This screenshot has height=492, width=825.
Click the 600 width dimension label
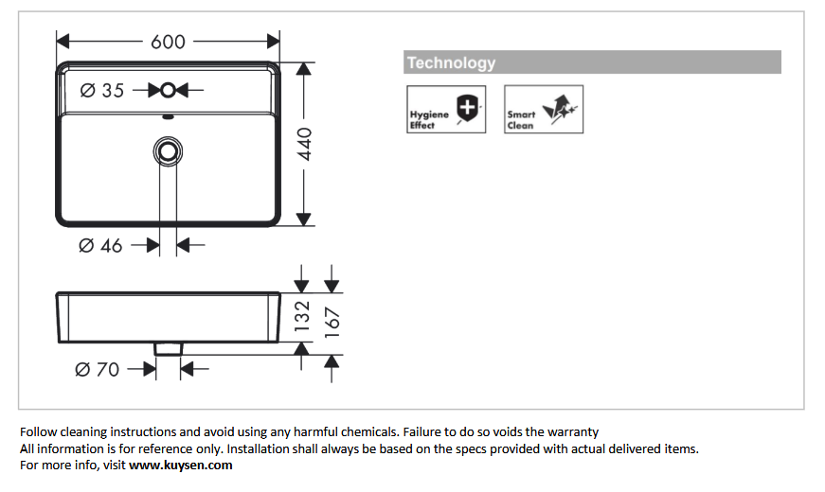(x=168, y=42)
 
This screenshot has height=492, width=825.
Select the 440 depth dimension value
(x=306, y=144)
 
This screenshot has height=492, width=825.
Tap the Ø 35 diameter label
(x=101, y=91)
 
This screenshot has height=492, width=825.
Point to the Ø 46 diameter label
(x=100, y=246)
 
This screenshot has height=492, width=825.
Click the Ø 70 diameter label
(x=98, y=370)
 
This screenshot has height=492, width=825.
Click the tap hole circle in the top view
(x=169, y=91)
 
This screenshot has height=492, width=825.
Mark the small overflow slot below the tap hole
(x=169, y=118)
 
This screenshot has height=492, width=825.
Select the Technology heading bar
(x=592, y=62)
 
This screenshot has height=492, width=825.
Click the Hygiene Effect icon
(x=446, y=109)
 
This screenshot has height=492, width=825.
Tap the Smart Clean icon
(x=544, y=109)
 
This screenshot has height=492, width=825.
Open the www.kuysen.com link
(x=180, y=466)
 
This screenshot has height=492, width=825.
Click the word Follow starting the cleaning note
(x=38, y=432)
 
